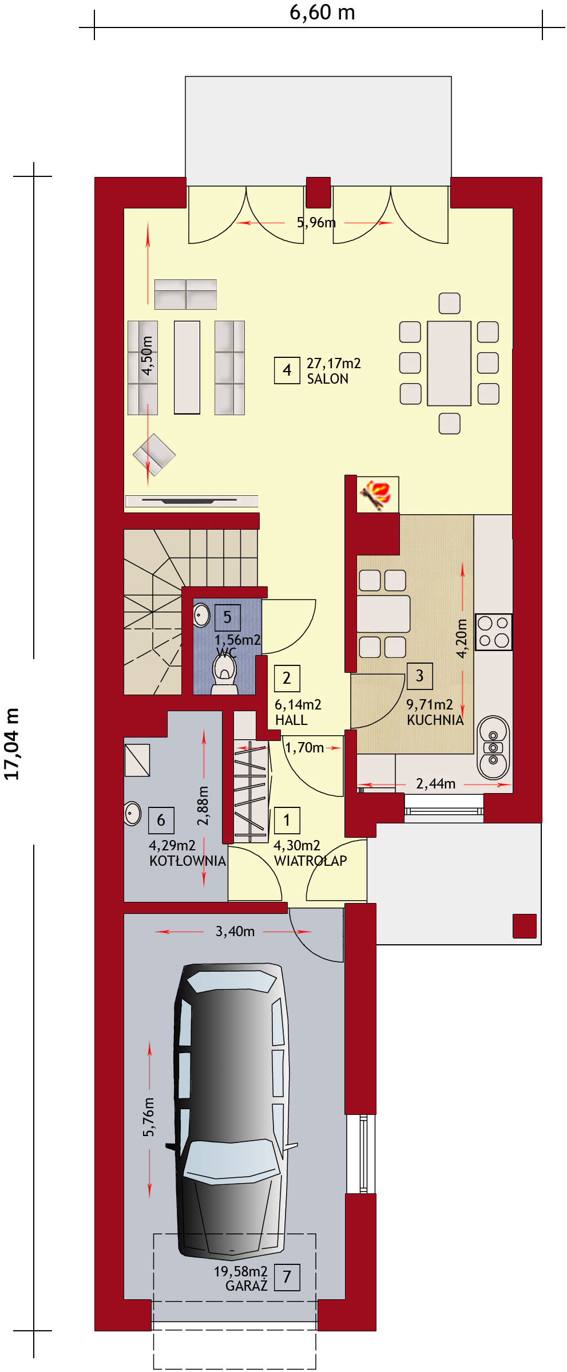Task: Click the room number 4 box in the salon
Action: point(287,370)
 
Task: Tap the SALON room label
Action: point(328,379)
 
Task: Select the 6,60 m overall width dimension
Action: point(322,12)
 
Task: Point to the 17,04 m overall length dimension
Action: point(12,744)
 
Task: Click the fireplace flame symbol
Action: point(376,494)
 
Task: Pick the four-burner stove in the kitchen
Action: point(494,632)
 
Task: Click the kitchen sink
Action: point(493,747)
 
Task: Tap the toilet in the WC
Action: point(225,674)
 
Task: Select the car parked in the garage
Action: point(232,1111)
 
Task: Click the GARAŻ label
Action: point(247,1286)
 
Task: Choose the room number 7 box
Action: point(287,1277)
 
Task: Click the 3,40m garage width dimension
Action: point(235,932)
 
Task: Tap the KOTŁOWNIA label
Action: point(188,861)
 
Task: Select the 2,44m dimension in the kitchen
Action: point(436,783)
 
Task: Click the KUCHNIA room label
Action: point(435,720)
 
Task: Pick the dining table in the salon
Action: point(449,363)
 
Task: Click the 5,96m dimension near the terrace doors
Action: point(316,222)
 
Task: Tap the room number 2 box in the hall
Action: point(287,678)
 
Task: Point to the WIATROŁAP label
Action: point(311,861)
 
